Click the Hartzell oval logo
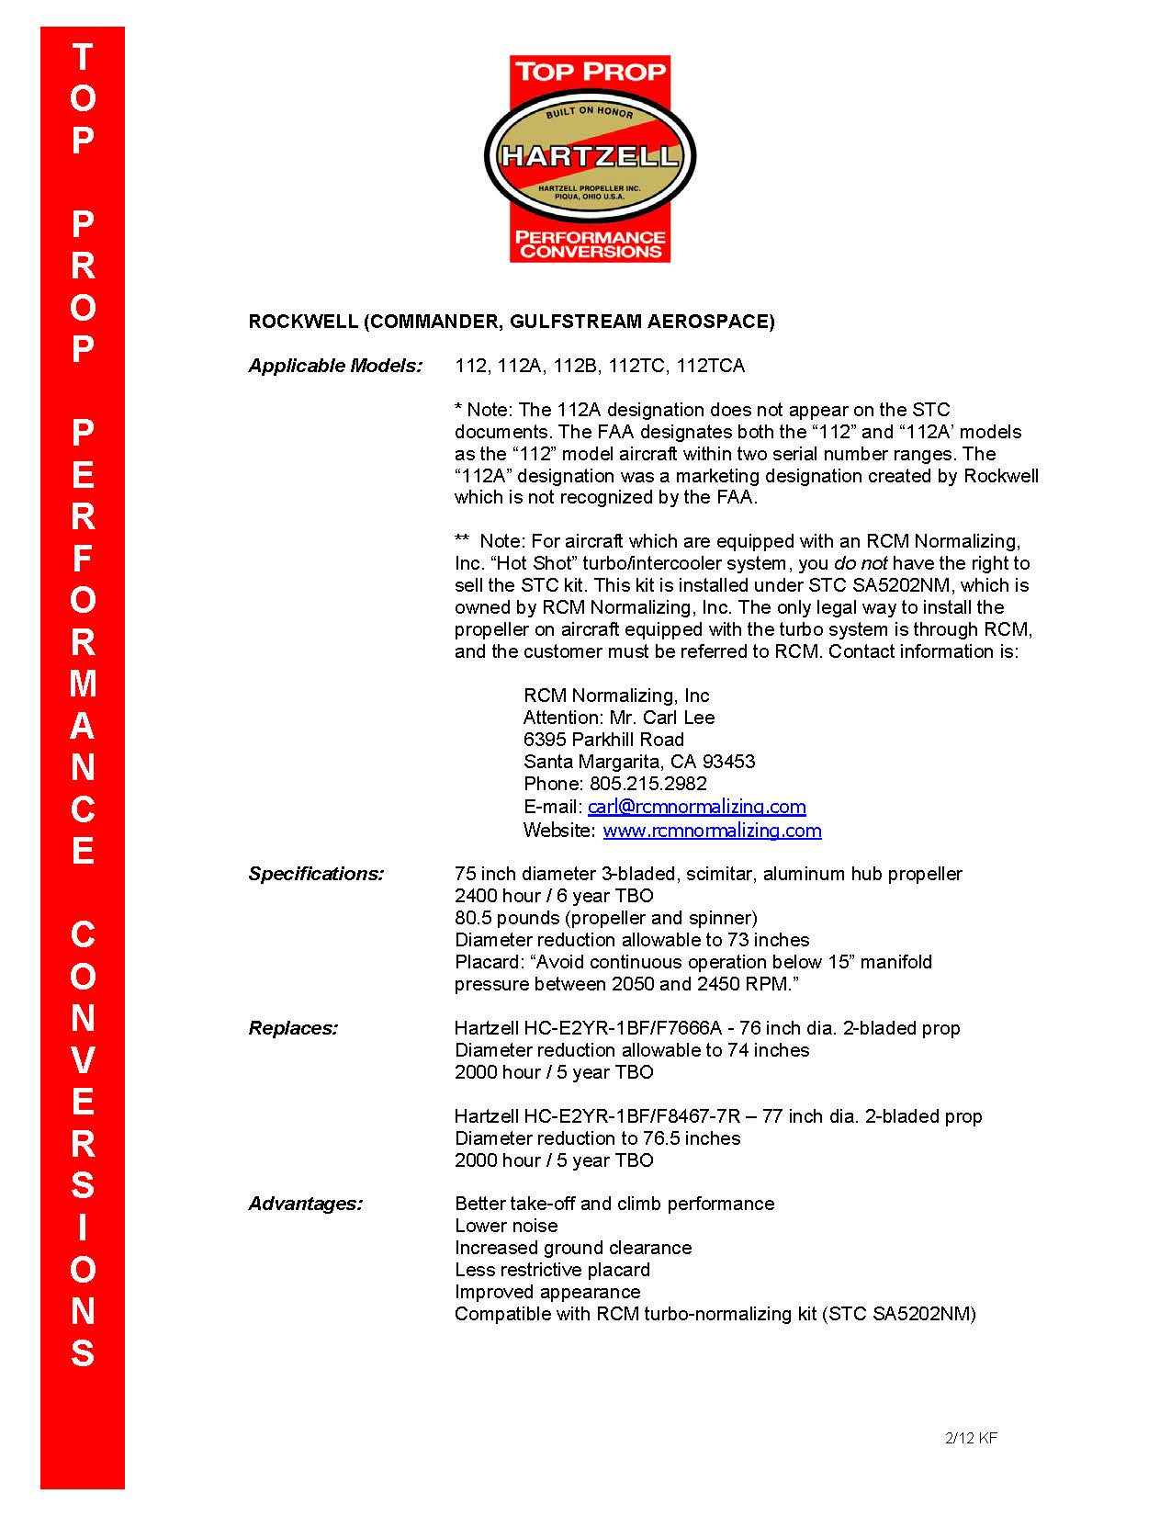point(590,156)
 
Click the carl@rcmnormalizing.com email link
point(696,807)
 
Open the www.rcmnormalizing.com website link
point(712,831)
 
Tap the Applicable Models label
point(335,366)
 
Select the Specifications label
point(316,874)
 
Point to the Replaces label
point(293,1028)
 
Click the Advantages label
point(305,1204)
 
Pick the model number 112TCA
point(710,366)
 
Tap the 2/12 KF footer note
point(971,1438)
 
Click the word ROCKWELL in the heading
point(302,322)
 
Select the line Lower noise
point(506,1226)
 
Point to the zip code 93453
point(728,762)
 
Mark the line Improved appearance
point(547,1292)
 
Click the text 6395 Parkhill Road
point(603,740)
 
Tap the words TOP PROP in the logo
point(590,72)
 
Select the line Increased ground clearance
point(573,1248)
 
